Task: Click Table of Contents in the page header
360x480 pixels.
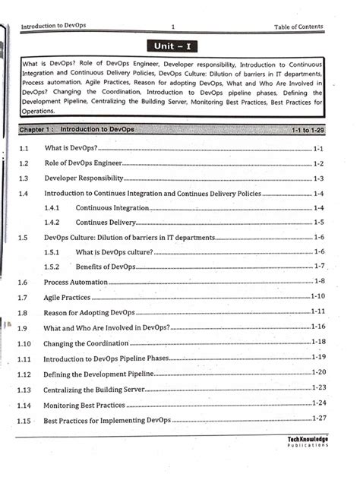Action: click(298, 27)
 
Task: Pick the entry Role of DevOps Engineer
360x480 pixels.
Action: click(83, 163)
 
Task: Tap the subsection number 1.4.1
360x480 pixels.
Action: click(52, 208)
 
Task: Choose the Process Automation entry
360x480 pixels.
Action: click(76, 282)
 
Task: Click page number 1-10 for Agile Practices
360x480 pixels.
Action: click(317, 296)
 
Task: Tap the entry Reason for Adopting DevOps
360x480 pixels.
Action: click(89, 312)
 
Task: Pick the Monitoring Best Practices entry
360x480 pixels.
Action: click(84, 405)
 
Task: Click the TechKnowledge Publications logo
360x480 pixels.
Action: click(308, 442)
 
